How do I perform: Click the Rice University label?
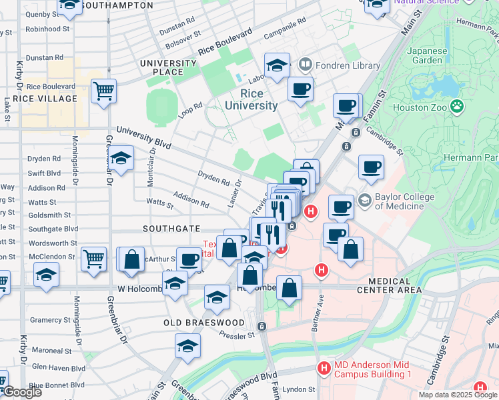click(x=251, y=99)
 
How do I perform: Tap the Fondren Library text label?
click(x=339, y=65)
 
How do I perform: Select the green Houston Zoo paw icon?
click(x=457, y=105)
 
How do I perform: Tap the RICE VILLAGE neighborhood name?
click(x=40, y=99)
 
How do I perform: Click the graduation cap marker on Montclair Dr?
click(x=121, y=158)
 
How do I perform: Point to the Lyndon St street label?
click(x=299, y=389)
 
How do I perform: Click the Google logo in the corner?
click(x=21, y=391)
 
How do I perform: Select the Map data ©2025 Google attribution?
click(x=458, y=395)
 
